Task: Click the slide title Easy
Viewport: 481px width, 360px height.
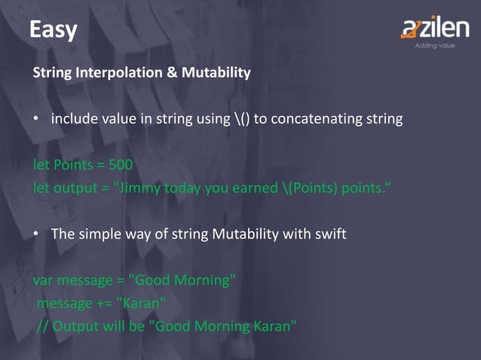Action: [53, 29]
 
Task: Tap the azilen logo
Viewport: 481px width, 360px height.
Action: [437, 29]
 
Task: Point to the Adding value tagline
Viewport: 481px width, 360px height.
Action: [435, 46]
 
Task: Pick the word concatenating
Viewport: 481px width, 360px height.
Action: [322, 119]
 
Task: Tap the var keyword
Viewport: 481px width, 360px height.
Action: [44, 280]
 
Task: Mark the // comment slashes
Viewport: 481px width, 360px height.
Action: [44, 326]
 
